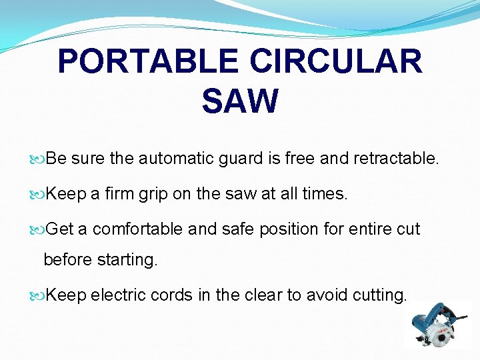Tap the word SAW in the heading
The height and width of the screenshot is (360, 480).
(x=239, y=101)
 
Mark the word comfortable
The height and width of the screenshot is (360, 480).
(x=138, y=229)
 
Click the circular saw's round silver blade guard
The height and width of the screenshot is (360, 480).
(x=440, y=336)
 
